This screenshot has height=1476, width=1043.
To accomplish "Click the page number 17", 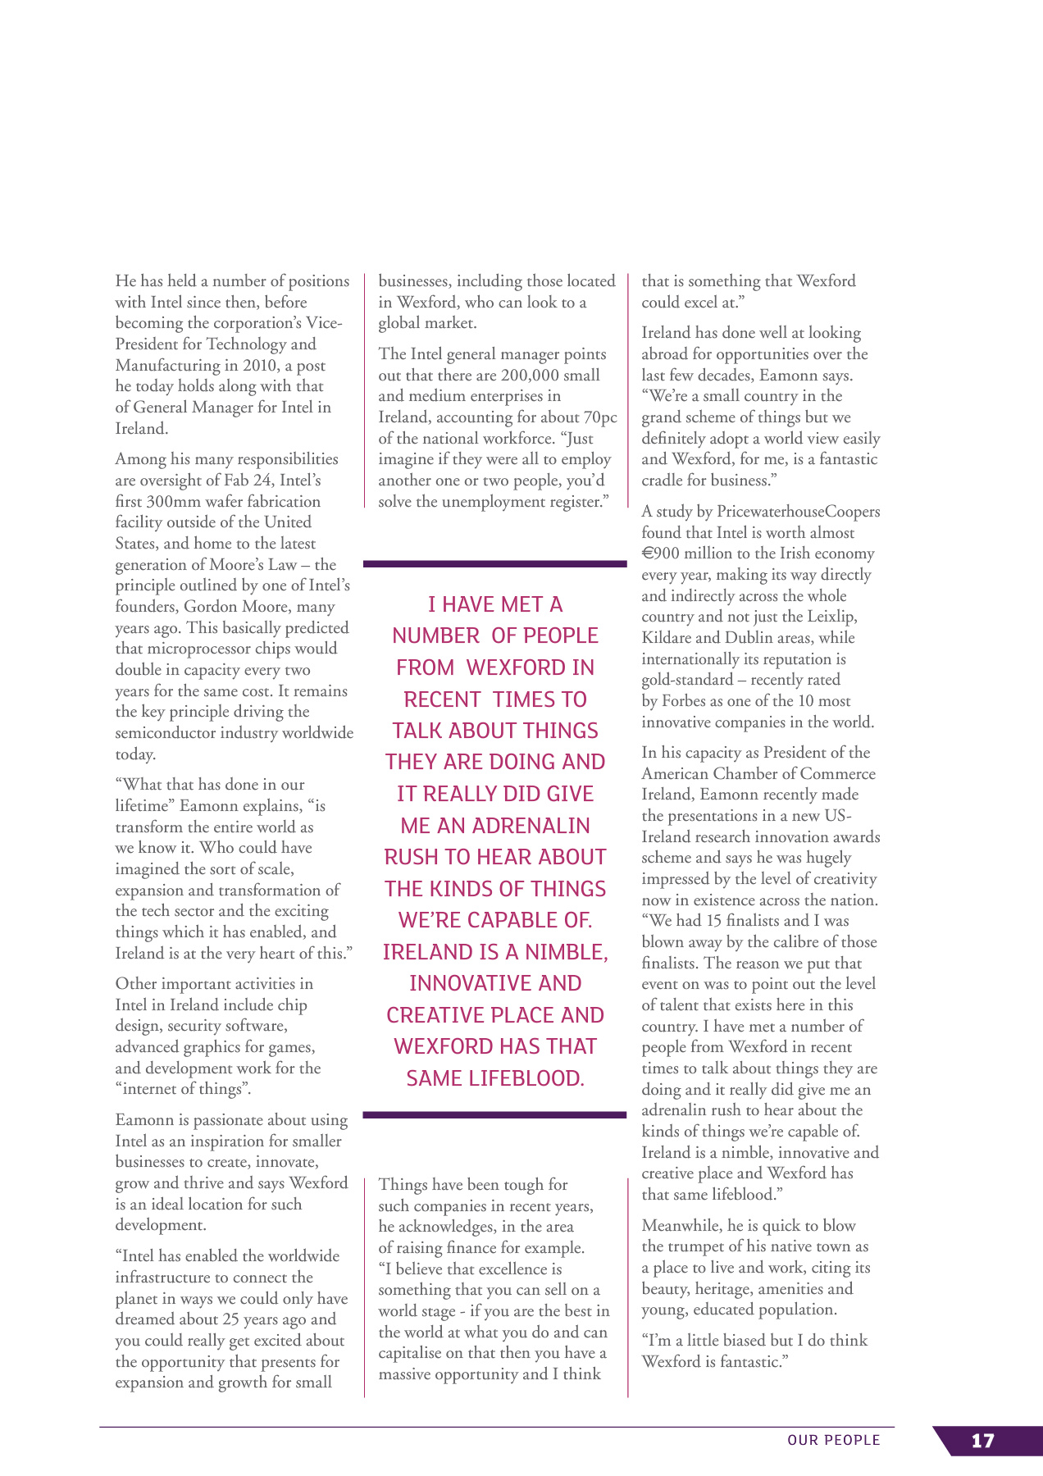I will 982,1441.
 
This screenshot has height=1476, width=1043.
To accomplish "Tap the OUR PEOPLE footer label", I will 833,1441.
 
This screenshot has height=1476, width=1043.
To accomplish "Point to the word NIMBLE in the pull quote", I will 567,952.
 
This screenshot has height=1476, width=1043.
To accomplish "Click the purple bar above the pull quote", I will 494,564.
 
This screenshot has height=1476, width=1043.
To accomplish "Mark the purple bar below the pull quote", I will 494,1115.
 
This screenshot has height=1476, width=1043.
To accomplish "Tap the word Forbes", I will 684,701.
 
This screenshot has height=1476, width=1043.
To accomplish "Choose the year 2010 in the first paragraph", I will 260,365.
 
